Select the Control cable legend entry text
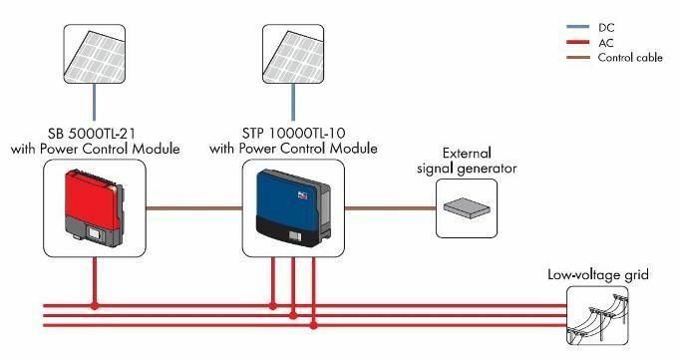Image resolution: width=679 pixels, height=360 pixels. [630, 59]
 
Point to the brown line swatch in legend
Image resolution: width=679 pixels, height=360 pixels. [575, 59]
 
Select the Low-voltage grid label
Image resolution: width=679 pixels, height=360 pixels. [598, 273]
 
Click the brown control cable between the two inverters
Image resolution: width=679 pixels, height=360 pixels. [194, 208]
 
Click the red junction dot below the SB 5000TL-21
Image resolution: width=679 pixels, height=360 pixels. [95, 304]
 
